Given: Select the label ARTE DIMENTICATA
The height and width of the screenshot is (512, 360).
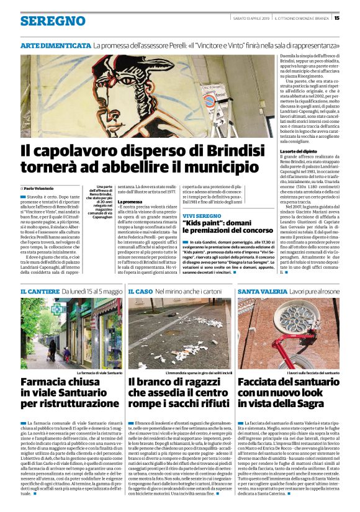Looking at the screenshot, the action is pos(56,45).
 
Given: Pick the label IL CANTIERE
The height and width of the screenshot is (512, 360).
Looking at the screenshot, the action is pos(40,291).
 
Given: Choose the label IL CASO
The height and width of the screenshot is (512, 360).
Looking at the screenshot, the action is pos(140,291).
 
